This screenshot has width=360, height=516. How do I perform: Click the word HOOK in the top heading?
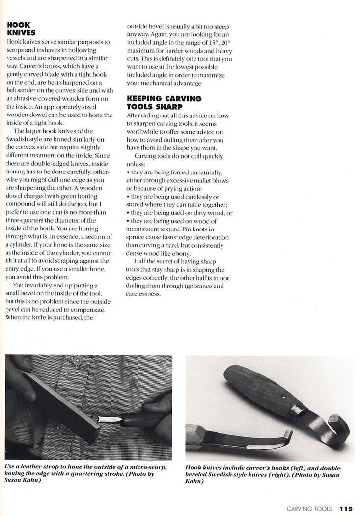tap(18, 25)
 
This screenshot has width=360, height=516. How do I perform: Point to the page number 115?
tap(346, 509)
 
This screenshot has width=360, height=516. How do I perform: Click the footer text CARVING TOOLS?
tap(308, 509)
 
